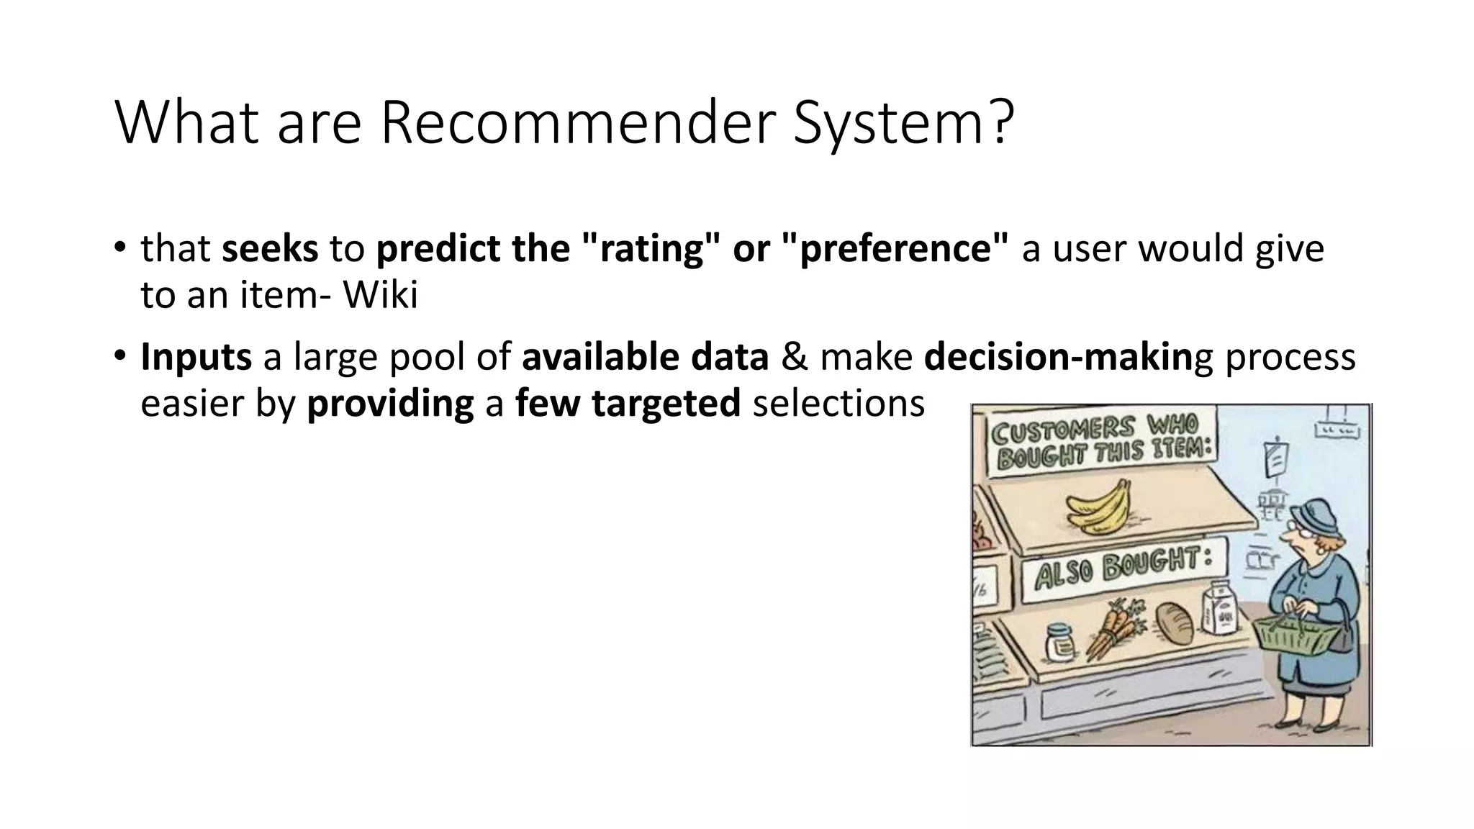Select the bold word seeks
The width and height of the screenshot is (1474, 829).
270,249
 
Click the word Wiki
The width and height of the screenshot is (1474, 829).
381,295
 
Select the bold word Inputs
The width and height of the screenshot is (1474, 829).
196,357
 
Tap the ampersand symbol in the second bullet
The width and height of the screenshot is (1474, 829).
794,357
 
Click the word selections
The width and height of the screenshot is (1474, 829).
838,403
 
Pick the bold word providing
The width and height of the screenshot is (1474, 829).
390,403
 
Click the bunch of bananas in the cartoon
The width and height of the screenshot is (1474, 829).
1097,507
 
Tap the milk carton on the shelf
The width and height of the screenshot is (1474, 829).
1221,609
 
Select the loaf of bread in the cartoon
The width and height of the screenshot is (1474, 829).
1175,623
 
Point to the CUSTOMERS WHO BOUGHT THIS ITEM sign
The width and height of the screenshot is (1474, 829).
1101,440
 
